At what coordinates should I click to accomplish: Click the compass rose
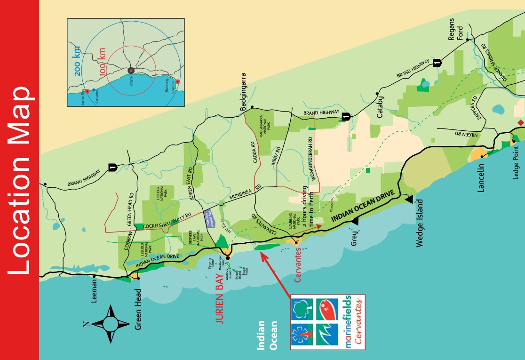tap(111, 324)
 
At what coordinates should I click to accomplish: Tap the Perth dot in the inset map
tap(131, 71)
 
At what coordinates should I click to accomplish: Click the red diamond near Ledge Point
tap(520, 123)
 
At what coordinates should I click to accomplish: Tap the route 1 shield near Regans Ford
tap(437, 61)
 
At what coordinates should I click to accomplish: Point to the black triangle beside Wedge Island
tap(409, 199)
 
